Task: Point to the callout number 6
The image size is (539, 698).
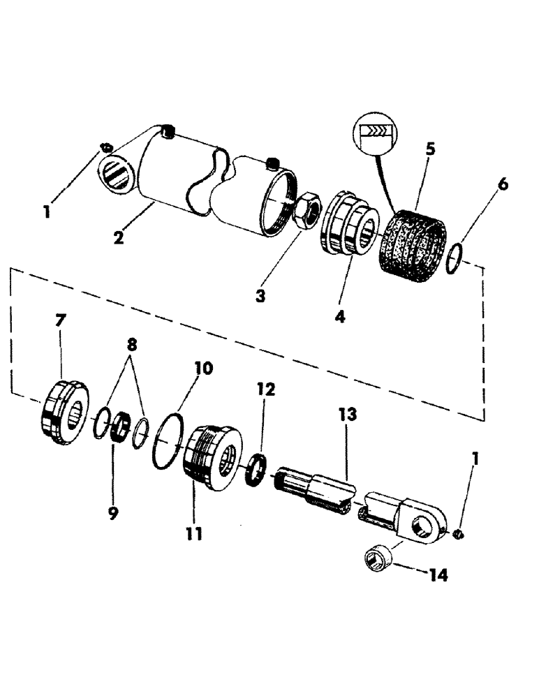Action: coord(503,184)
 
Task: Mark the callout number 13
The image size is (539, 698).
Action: coord(348,415)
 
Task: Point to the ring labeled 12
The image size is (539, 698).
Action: coord(259,466)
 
